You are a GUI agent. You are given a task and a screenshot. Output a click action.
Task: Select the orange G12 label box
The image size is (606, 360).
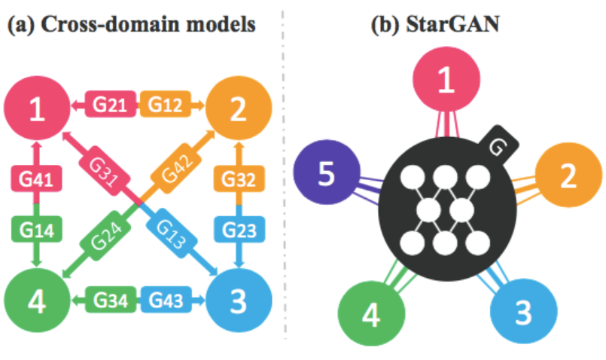163,105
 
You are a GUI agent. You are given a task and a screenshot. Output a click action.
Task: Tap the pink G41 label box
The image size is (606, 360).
35,182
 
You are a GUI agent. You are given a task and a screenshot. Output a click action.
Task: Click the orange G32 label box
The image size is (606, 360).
239,182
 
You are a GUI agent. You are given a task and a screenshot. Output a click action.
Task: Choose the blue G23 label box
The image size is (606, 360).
239,229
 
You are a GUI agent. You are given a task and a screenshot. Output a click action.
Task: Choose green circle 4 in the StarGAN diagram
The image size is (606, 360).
371,316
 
